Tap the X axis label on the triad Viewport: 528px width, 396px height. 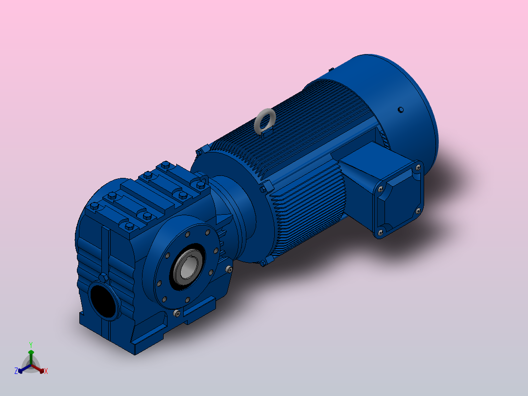46,371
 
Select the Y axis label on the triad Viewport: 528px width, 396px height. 31,345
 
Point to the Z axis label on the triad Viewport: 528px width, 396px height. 16,371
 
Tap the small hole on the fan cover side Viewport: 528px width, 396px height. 401,109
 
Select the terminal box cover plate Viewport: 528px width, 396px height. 399,199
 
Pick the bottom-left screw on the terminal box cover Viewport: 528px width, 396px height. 381,232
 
